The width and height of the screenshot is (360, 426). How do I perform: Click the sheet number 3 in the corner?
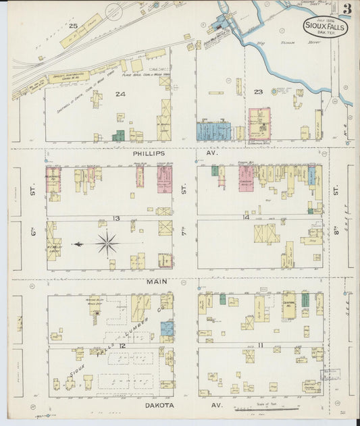(x=346, y=9)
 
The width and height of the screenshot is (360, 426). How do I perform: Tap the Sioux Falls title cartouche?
(x=325, y=28)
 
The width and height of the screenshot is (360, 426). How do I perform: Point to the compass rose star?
(x=107, y=243)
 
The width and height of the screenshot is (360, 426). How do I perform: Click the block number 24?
(x=120, y=94)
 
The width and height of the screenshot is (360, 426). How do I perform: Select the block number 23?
(x=257, y=92)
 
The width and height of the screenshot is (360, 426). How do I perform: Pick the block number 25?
(x=73, y=26)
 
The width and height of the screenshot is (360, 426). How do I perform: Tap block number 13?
(x=116, y=218)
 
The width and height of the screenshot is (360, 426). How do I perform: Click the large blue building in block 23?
(x=213, y=131)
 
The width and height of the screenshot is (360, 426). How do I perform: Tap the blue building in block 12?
(x=166, y=329)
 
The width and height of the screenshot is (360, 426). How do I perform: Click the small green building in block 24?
(x=119, y=136)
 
